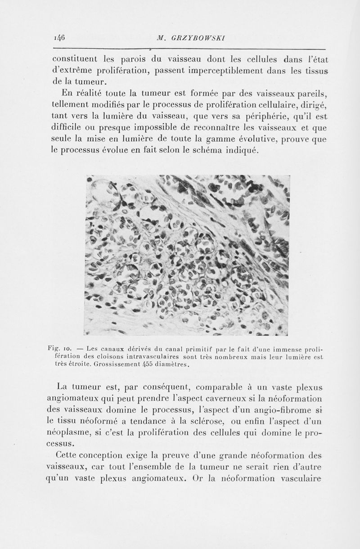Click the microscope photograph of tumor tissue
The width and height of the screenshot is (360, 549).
(x=186, y=255)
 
